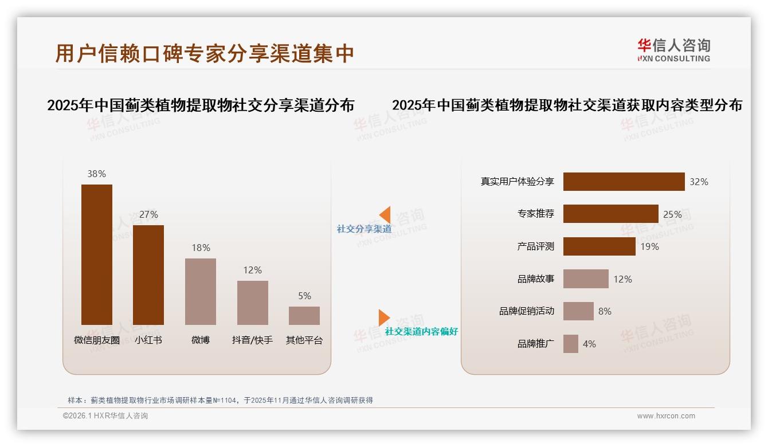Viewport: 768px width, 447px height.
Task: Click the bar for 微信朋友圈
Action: coord(97,254)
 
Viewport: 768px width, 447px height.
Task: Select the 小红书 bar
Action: coord(148,275)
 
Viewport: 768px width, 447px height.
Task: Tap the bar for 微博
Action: coord(201,292)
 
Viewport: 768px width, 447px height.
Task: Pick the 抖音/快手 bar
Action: coord(253,303)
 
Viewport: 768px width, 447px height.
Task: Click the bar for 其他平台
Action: coord(304,316)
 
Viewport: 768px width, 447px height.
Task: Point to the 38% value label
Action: coord(97,174)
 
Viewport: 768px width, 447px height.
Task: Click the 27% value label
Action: coord(148,214)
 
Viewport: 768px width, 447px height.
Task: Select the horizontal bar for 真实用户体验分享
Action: coord(624,182)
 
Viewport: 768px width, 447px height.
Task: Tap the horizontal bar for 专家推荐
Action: coord(610,214)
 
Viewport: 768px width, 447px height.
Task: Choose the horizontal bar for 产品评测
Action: coord(599,246)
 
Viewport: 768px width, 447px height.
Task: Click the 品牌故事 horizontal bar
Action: coord(586,279)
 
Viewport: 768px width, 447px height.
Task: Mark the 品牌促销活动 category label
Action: coord(527,311)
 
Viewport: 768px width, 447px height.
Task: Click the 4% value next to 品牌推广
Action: coord(589,344)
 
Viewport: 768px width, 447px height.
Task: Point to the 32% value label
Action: coord(699,182)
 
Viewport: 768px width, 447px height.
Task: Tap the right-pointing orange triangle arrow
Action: coord(383,317)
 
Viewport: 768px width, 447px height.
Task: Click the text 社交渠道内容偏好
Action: coord(421,332)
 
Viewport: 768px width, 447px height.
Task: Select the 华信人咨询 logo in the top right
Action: coord(674,50)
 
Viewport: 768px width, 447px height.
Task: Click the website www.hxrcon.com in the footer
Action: coord(666,416)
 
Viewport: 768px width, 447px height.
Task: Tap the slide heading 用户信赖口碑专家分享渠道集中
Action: coord(205,53)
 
